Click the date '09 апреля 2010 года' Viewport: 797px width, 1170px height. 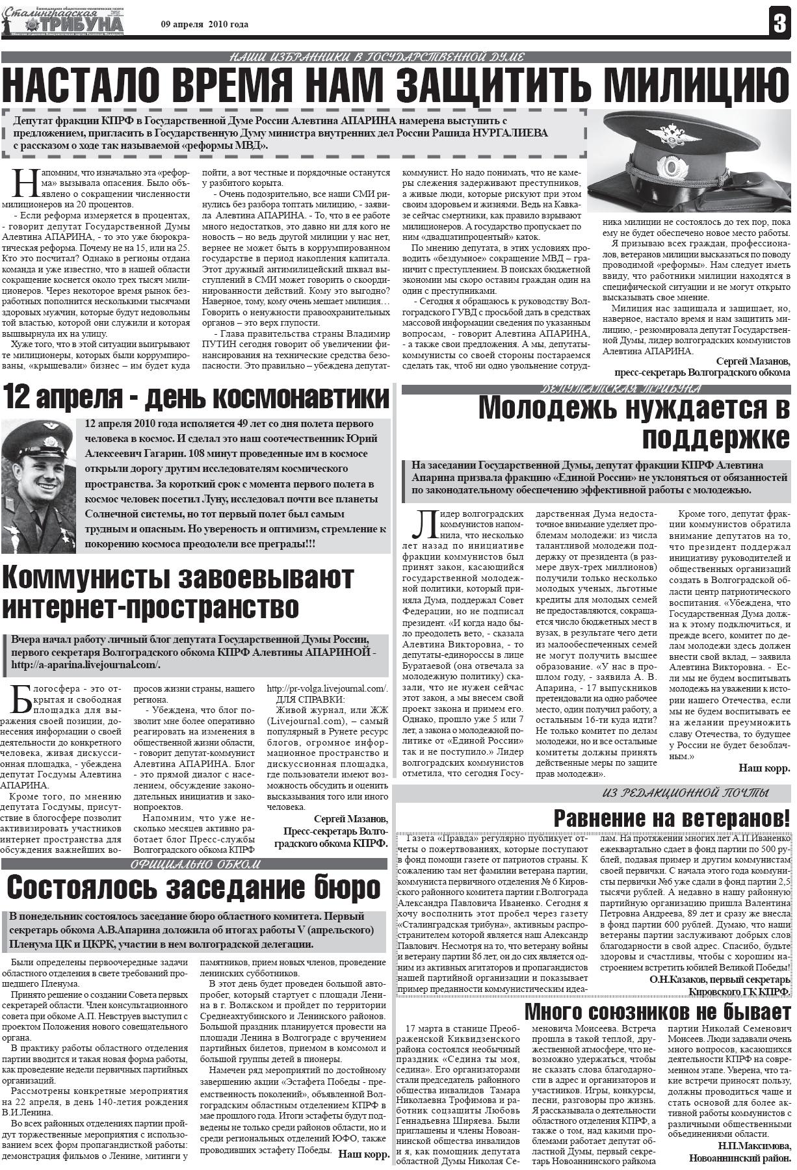point(205,25)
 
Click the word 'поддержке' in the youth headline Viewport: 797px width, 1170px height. point(716,439)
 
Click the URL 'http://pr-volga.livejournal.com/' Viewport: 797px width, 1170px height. point(328,688)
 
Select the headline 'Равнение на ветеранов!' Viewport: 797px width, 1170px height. point(672,817)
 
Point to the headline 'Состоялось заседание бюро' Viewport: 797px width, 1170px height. point(193,887)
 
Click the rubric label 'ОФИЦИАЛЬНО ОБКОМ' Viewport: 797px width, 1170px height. point(195,864)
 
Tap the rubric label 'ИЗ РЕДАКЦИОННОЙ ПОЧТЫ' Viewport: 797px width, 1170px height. point(685,792)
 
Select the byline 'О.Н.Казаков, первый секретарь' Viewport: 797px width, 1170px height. point(720,979)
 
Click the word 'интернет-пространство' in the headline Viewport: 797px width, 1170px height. point(151,606)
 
